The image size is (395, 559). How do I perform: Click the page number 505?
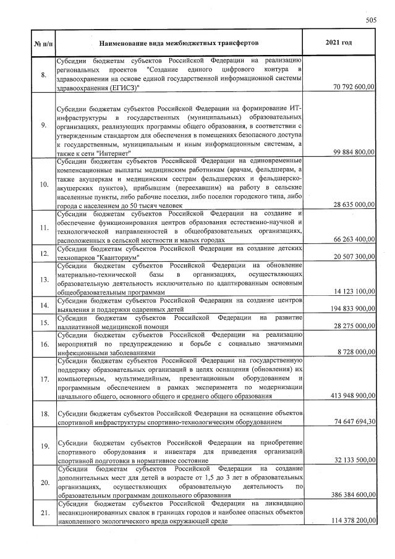pos(371,20)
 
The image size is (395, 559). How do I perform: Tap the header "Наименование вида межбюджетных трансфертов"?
pos(178,43)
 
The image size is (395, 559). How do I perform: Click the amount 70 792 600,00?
pos(353,88)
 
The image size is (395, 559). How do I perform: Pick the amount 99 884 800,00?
pos(353,151)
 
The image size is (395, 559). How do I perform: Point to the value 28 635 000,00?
pos(353,204)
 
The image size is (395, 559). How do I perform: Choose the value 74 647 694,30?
pos(353,422)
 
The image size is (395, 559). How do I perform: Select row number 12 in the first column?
pos(42,253)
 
